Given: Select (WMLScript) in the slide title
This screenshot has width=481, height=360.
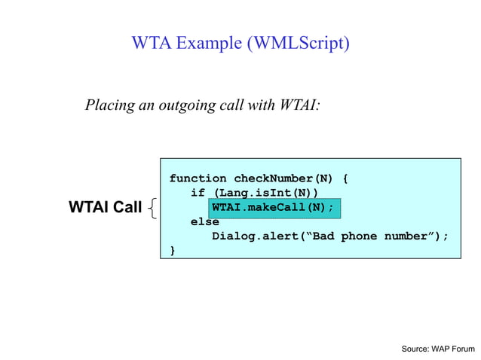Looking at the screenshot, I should tap(296, 44).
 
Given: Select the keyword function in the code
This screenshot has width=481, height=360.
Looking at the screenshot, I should tap(198, 178).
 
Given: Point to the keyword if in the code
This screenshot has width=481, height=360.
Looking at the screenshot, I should tap(198, 193).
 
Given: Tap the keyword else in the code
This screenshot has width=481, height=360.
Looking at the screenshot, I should tap(204, 221).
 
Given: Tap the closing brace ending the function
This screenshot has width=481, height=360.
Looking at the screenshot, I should tap(173, 250).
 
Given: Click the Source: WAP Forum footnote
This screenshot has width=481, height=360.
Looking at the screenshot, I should tap(437, 349).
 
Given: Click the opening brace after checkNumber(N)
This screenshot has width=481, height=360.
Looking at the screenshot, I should tap(345, 178).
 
